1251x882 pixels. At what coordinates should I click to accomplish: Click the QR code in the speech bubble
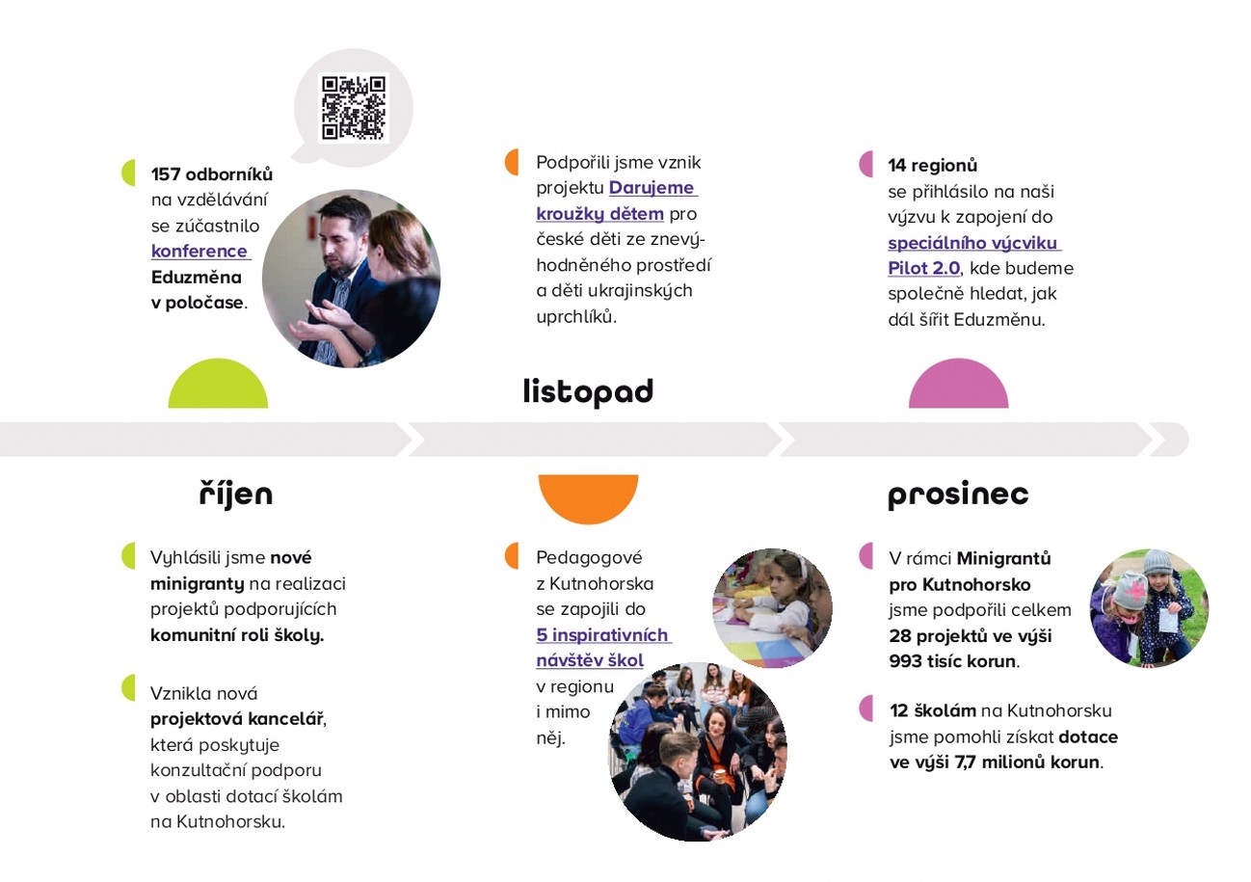[x=354, y=107]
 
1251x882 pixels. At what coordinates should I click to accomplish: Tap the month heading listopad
[x=588, y=391]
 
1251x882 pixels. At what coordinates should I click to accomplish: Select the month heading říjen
[x=236, y=494]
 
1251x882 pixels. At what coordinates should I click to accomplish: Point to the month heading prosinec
[x=958, y=494]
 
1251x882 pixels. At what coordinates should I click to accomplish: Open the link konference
[x=200, y=252]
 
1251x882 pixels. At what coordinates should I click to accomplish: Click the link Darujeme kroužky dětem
[x=616, y=200]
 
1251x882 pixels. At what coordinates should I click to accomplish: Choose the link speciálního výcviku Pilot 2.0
[x=973, y=255]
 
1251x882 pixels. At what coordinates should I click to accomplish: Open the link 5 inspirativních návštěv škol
[x=603, y=648]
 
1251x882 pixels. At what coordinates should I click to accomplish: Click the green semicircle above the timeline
[x=218, y=384]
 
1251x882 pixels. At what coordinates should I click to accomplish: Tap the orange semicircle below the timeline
[x=588, y=499]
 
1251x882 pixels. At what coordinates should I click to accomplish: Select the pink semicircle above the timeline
[x=958, y=384]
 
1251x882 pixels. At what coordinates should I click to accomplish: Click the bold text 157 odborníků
[x=212, y=174]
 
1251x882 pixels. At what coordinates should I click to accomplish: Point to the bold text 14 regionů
[x=933, y=166]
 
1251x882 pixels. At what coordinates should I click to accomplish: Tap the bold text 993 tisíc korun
[x=953, y=661]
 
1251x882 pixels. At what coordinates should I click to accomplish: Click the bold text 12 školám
[x=933, y=710]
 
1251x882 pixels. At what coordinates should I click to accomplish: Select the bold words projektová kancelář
[x=237, y=719]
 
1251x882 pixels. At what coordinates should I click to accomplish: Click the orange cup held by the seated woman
[x=720, y=776]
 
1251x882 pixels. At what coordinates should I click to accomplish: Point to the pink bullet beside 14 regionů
[x=866, y=164]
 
